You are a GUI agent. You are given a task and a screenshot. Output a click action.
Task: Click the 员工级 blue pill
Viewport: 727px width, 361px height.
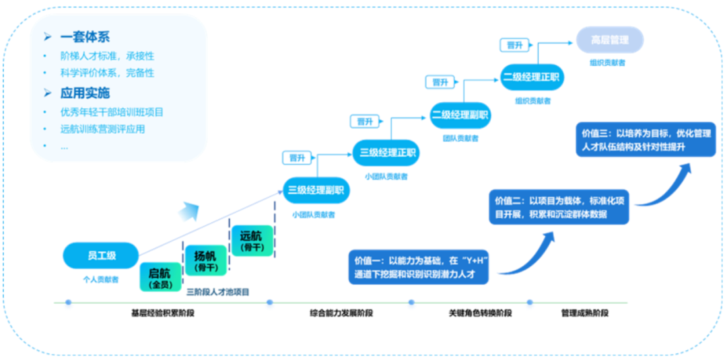[101, 255]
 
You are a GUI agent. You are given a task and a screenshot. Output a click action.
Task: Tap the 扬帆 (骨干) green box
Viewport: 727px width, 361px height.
[205, 260]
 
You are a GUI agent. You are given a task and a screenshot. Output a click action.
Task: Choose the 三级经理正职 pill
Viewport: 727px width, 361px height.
[386, 152]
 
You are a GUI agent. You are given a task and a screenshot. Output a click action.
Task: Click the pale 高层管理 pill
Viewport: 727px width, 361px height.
[609, 40]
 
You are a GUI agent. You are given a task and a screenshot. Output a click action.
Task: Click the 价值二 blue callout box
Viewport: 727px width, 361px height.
[559, 208]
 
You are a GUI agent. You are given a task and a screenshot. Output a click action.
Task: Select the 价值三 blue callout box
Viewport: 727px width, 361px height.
[646, 140]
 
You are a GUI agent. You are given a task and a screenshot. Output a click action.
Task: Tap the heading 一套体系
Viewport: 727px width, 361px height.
[85, 37]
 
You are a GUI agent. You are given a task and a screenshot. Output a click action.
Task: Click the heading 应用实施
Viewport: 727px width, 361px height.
[85, 93]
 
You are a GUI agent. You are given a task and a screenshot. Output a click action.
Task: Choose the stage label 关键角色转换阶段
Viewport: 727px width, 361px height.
[481, 313]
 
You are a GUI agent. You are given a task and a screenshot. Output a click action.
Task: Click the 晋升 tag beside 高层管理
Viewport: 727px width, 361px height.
[515, 45]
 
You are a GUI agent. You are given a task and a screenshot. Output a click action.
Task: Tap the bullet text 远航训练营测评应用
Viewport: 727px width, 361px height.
[102, 129]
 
